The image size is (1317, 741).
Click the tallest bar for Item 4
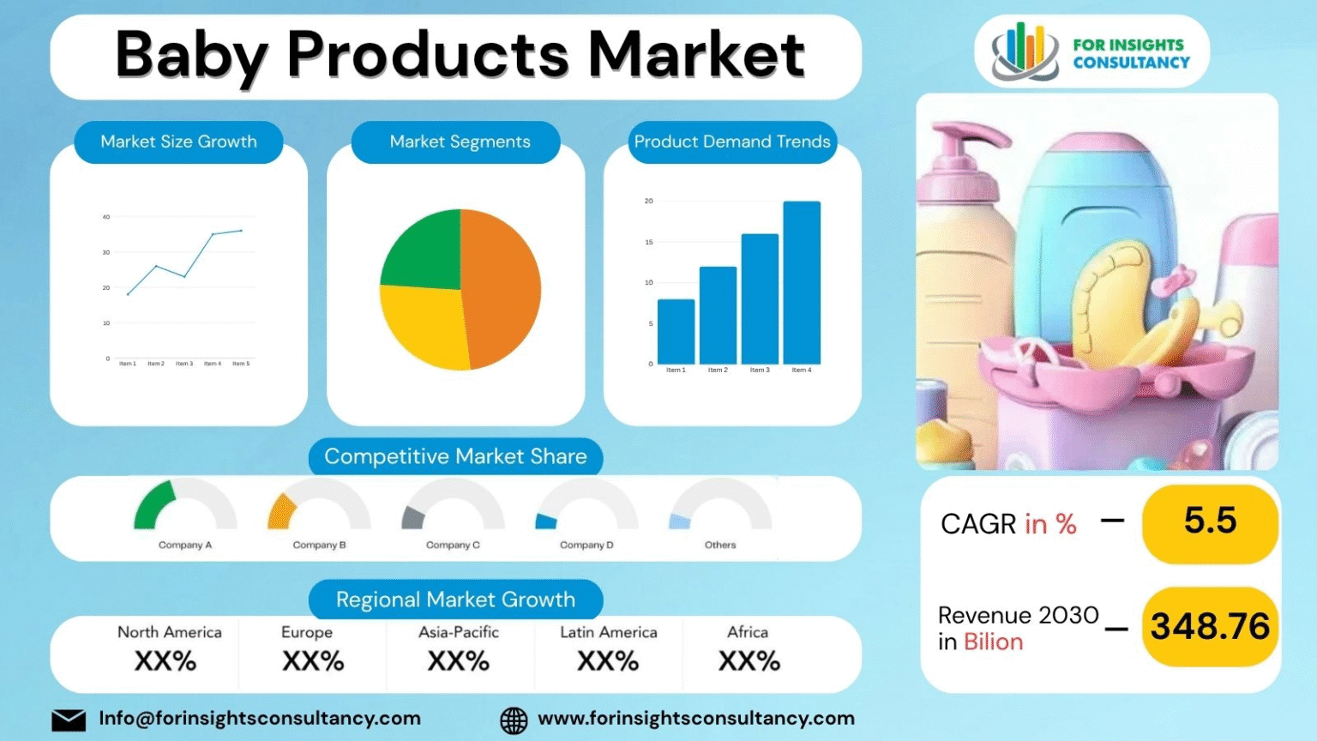point(801,283)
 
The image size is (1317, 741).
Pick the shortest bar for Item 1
point(676,332)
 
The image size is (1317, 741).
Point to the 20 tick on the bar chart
point(649,201)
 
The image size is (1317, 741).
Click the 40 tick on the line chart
point(106,217)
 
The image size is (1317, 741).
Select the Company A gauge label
point(184,545)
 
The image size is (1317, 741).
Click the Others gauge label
point(720,545)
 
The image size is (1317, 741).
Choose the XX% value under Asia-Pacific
point(459,661)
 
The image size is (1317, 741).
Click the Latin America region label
point(609,632)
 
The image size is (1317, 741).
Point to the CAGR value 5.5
point(1210,521)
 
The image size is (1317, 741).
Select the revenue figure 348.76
point(1210,627)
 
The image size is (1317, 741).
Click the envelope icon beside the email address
point(69,720)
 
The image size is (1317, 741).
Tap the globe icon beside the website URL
point(514,720)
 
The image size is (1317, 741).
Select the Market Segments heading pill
point(460,142)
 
